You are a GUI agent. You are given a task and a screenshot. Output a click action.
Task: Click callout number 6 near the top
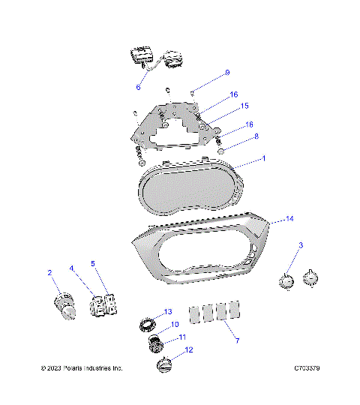pyautogui.click(x=138, y=87)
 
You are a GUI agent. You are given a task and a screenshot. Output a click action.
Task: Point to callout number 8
pyautogui.click(x=256, y=136)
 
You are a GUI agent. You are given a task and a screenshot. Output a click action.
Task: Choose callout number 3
pyautogui.click(x=301, y=245)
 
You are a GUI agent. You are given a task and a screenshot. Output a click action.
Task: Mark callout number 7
pyautogui.click(x=237, y=340)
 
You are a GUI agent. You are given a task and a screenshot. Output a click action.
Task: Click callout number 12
pyautogui.click(x=188, y=349)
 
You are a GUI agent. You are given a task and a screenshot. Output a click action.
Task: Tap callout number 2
pyautogui.click(x=49, y=272)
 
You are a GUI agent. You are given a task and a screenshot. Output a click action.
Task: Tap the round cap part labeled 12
pyautogui.click(x=164, y=365)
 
